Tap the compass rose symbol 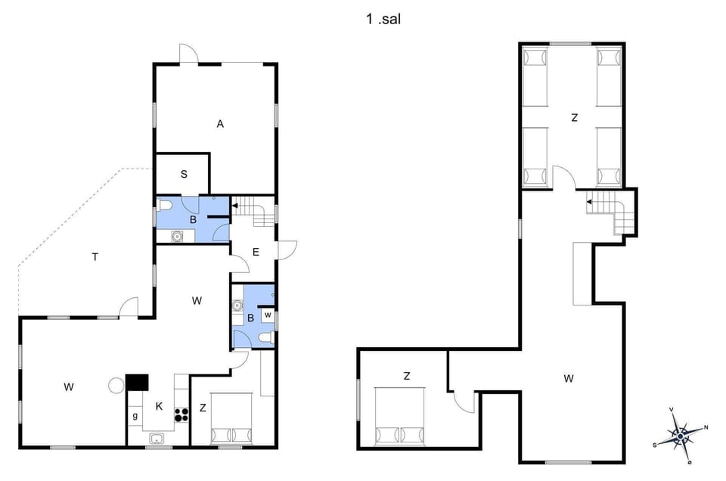681,435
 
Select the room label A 220,124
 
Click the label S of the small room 184,174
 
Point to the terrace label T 95,257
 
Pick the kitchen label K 159,406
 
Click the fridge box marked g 135,416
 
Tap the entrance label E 256,252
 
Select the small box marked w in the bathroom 268,314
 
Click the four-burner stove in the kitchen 181,414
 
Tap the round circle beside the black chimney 116,386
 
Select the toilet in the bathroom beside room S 166,204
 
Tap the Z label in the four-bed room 574,117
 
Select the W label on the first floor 568,378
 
